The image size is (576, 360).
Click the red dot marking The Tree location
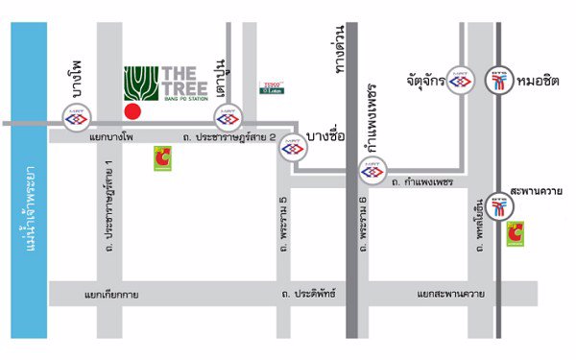133,112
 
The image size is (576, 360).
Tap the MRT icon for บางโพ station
75,121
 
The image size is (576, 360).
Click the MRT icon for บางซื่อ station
292,147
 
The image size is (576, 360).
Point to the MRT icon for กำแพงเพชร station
372,173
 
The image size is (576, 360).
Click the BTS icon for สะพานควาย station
498,205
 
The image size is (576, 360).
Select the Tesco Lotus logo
272,87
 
